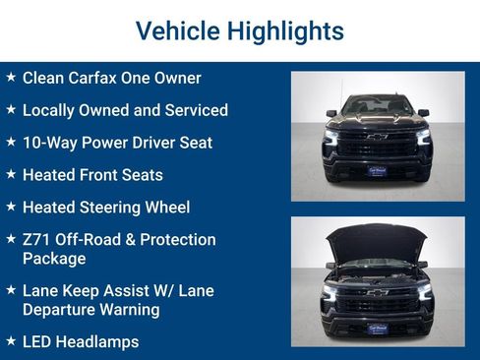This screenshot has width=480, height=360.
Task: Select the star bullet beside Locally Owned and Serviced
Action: pos(10,110)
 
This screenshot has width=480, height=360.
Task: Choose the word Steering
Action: pos(118,208)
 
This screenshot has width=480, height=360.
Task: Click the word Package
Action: pos(54,259)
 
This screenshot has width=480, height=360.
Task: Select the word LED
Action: pos(37,342)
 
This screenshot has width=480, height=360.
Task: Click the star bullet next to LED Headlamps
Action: pos(10,342)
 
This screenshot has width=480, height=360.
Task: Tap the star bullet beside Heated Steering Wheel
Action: pos(10,208)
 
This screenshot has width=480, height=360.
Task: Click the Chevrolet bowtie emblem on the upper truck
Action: pos(377,137)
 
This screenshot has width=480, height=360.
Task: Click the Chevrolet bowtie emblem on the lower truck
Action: pos(377,292)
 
